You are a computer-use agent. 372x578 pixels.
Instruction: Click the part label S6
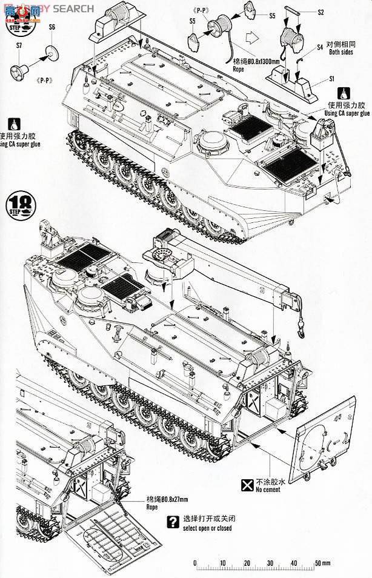(51, 27)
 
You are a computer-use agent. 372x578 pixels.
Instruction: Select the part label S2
(338, 12)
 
